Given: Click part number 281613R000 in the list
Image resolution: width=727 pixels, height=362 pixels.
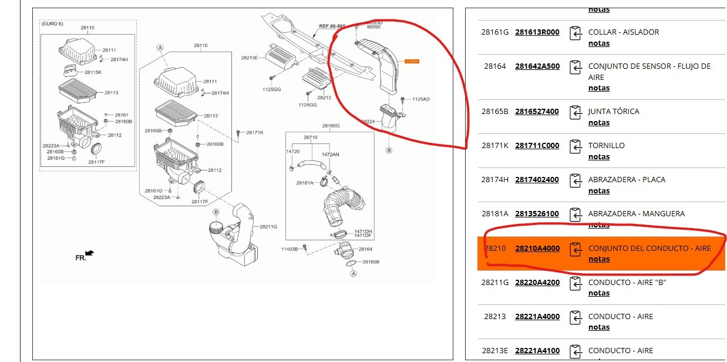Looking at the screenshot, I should pyautogui.click(x=537, y=32).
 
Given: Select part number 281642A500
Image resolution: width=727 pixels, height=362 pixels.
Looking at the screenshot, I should pyautogui.click(x=537, y=66).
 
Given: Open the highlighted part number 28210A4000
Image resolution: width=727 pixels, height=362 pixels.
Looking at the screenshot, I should pyautogui.click(x=537, y=248).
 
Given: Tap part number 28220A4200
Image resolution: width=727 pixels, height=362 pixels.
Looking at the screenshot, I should pyautogui.click(x=537, y=282).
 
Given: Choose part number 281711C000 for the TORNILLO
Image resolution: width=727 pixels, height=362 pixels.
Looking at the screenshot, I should pyautogui.click(x=537, y=145).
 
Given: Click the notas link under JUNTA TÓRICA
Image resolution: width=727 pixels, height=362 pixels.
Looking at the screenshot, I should pyautogui.click(x=598, y=122).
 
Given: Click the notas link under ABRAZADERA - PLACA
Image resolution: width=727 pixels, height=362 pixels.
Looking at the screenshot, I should pyautogui.click(x=598, y=190).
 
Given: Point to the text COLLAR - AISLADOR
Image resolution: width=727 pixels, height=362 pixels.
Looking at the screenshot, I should pyautogui.click(x=623, y=32).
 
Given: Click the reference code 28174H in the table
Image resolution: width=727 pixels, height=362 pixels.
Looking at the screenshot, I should pyautogui.click(x=494, y=179).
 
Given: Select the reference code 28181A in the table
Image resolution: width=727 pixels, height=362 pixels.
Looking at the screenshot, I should pyautogui.click(x=494, y=213).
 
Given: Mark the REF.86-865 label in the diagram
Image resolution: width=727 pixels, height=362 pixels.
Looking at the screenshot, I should pyautogui.click(x=332, y=26).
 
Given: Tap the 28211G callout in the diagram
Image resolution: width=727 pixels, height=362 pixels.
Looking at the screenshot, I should pyautogui.click(x=268, y=227).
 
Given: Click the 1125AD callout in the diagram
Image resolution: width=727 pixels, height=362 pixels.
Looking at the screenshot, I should pyautogui.click(x=420, y=99).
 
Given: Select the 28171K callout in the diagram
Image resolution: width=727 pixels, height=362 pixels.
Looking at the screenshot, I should pyautogui.click(x=254, y=133).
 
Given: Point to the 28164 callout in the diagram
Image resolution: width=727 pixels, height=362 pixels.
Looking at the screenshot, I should pyautogui.click(x=365, y=249).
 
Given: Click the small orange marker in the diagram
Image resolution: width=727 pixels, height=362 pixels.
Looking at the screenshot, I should pyautogui.click(x=412, y=61).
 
